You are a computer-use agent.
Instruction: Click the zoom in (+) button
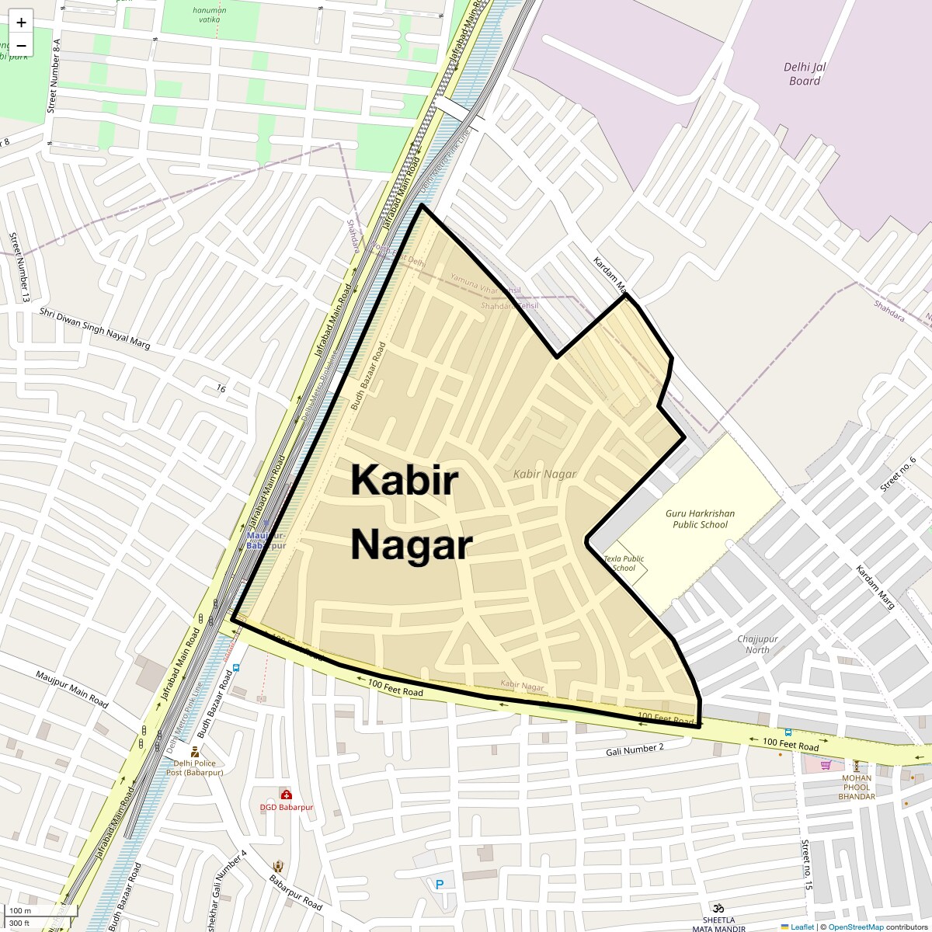coord(21,23)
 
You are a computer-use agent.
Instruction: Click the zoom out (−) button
coord(21,45)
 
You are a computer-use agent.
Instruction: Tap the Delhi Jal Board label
coord(805,74)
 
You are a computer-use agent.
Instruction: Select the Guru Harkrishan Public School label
coord(700,519)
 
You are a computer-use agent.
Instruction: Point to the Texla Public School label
coord(624,563)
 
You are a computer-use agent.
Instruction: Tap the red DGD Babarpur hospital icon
coord(286,795)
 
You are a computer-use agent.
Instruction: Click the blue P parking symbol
coord(440,884)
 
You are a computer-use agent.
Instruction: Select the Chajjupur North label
coord(757,645)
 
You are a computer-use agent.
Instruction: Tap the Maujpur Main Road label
coord(71,688)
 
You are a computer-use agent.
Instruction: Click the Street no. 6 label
coord(899,474)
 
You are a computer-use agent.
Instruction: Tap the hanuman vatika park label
coord(210,16)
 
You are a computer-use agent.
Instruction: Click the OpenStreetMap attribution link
coord(855,927)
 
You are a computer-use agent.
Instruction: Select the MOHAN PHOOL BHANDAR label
coord(857,787)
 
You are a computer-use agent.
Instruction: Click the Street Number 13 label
coord(19,266)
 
